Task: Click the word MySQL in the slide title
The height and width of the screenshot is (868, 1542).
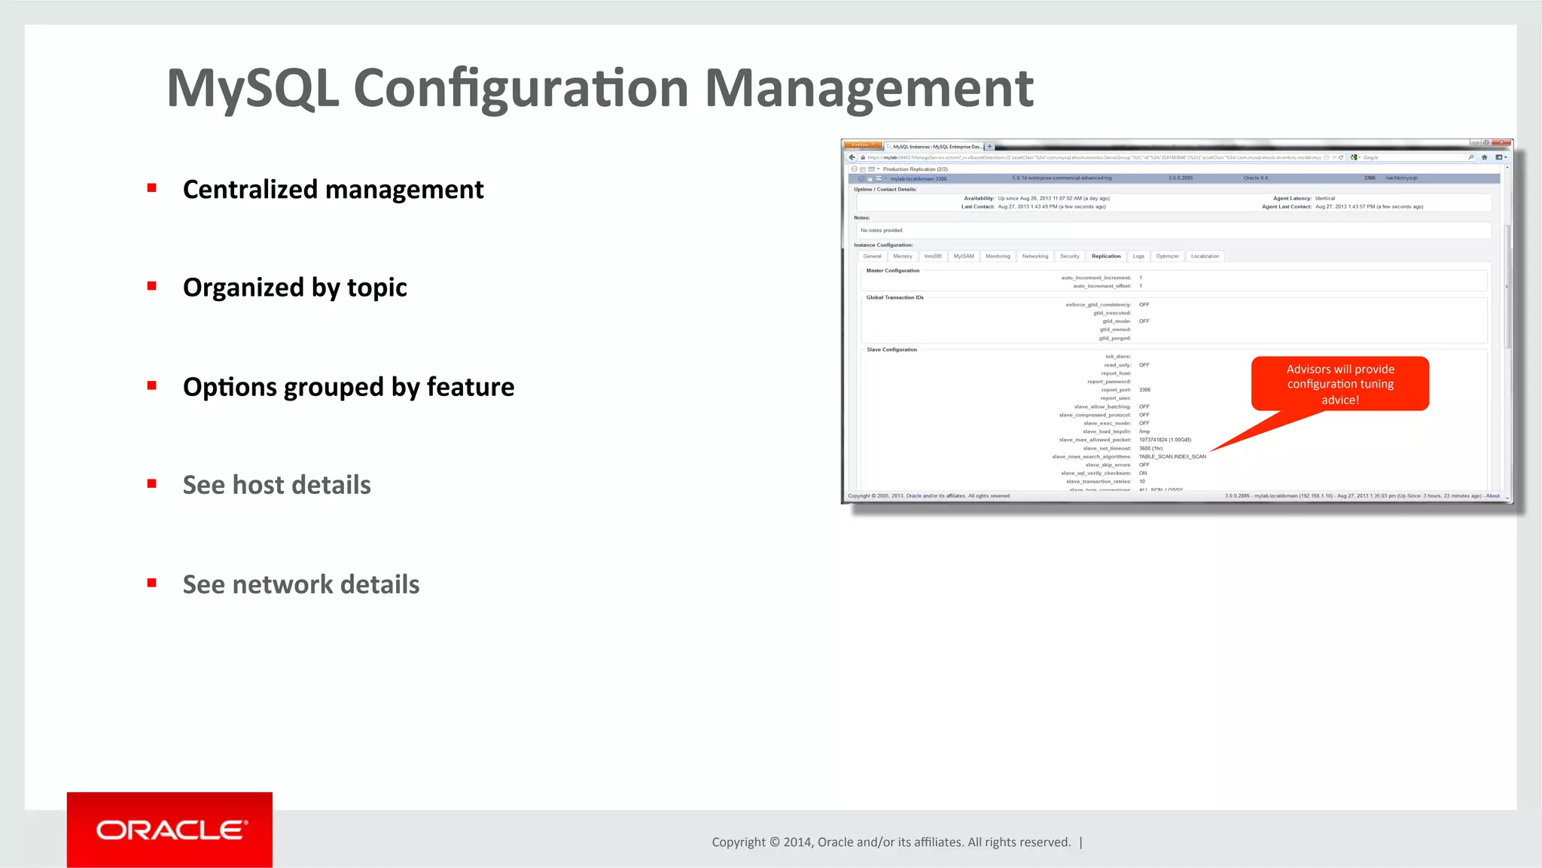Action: pos(253,89)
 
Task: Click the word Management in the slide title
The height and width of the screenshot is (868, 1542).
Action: pos(868,89)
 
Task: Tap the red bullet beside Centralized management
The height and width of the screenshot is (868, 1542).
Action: pos(152,188)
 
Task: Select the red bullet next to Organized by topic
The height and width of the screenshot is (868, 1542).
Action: pos(152,286)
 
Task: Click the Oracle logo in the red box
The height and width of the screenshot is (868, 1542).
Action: pos(170,830)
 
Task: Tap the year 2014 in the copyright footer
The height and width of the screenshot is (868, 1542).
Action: pos(797,842)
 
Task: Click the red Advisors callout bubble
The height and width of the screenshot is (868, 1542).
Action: pos(1340,384)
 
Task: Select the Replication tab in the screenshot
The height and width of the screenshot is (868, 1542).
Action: pos(1106,257)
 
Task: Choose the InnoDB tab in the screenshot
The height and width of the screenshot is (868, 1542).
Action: pos(933,257)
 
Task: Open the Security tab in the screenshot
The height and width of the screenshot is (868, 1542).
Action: pos(1069,257)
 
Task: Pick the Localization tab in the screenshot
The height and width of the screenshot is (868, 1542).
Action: pos(1205,257)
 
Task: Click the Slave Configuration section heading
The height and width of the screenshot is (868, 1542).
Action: pos(891,350)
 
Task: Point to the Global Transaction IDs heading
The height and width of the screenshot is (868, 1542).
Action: pos(894,298)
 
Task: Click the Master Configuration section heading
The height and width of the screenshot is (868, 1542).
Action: pos(892,271)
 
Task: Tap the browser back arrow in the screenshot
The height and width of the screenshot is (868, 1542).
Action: pos(852,157)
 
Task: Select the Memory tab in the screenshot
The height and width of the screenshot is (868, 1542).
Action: pos(902,257)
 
